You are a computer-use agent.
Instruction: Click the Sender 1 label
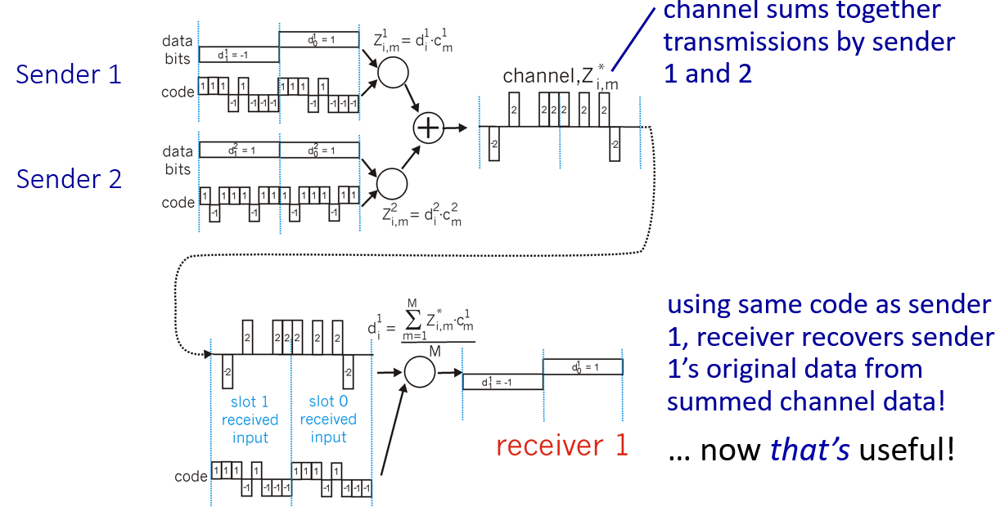click(x=69, y=74)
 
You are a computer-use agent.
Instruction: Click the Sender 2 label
click(x=69, y=179)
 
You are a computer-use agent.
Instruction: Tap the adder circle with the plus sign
click(x=427, y=128)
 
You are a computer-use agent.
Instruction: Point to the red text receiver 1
click(x=561, y=446)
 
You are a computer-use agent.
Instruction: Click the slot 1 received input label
click(x=250, y=420)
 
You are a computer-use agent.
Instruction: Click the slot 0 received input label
click(x=328, y=420)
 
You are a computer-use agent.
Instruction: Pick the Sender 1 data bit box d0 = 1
click(x=319, y=39)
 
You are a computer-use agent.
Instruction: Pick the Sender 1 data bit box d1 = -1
click(x=239, y=55)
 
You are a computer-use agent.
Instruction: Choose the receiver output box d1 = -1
click(x=502, y=382)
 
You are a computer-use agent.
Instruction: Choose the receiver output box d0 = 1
click(x=583, y=366)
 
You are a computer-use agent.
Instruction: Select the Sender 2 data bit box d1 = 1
click(x=239, y=150)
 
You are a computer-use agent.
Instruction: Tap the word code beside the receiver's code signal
click(x=191, y=476)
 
